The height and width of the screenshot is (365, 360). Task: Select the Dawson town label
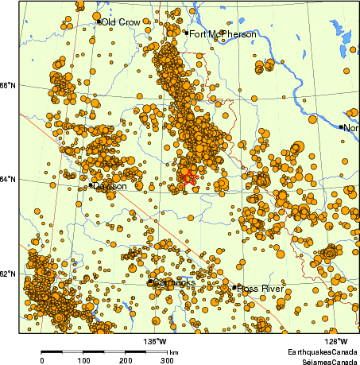click(110, 186)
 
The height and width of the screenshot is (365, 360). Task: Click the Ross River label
click(261, 288)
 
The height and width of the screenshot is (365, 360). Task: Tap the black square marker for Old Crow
click(99, 21)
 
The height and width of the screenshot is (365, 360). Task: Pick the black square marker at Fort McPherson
click(186, 33)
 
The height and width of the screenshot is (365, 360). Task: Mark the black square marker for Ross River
click(235, 287)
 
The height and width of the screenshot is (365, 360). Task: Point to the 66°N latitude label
click(10, 86)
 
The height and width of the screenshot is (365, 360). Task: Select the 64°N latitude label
click(10, 179)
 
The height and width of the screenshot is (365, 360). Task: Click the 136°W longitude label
click(155, 342)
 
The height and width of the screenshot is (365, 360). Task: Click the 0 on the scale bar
click(41, 360)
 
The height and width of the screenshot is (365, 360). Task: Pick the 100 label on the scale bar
click(83, 360)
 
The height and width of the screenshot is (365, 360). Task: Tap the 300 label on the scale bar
click(167, 360)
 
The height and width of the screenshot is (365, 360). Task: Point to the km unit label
click(173, 351)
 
